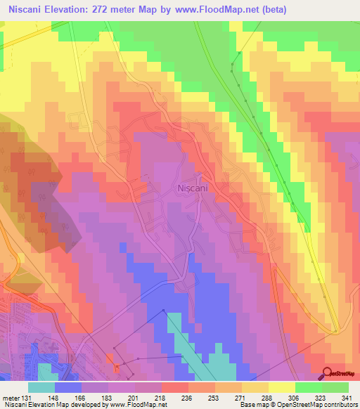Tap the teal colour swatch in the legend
(41, 387)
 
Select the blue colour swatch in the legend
(68, 387)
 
